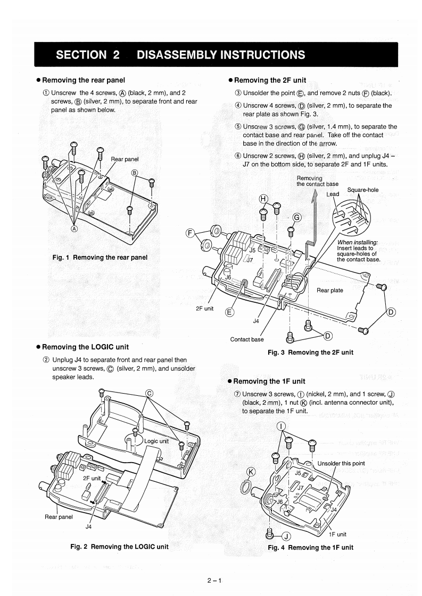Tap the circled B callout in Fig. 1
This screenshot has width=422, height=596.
point(135,173)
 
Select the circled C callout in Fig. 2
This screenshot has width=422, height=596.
point(150,394)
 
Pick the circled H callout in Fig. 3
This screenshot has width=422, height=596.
point(262,198)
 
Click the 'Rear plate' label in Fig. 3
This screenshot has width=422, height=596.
point(330,290)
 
